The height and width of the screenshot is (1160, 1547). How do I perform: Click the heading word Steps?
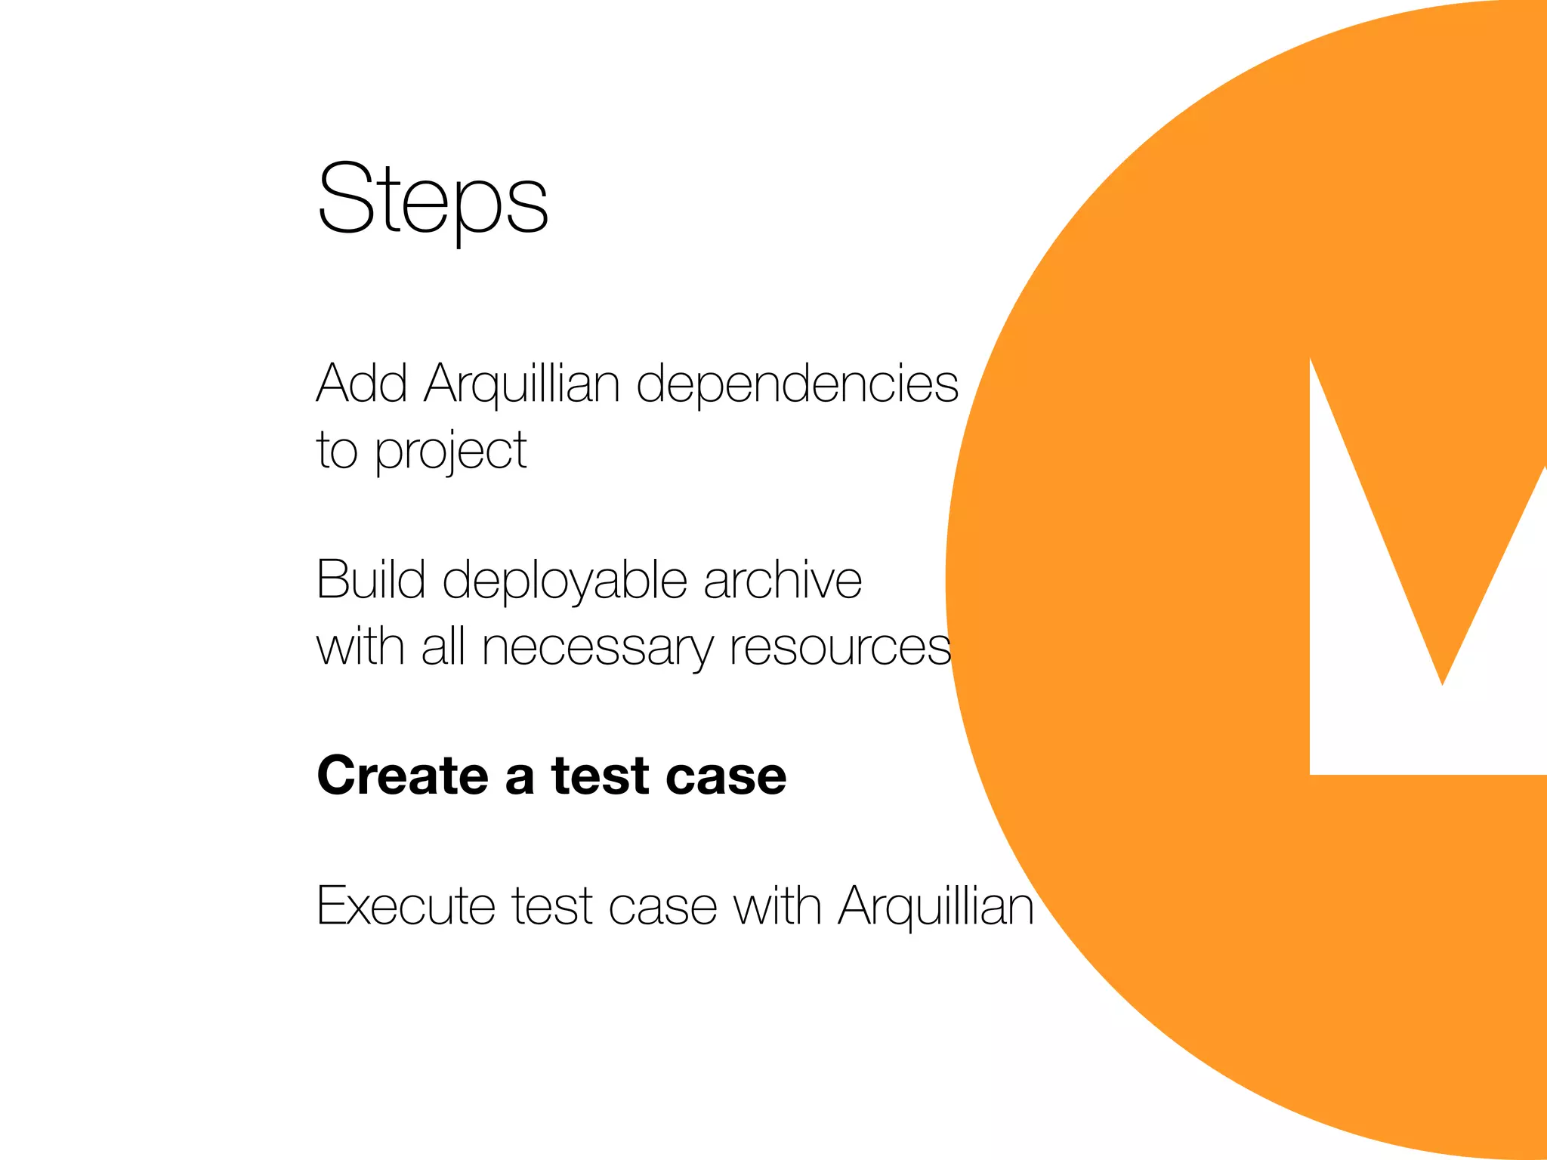tap(433, 199)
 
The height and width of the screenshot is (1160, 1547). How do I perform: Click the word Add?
tap(362, 384)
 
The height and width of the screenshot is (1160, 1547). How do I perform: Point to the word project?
tap(451, 452)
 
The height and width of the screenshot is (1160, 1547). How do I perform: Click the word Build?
tap(371, 580)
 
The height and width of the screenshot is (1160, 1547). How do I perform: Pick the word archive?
tap(783, 580)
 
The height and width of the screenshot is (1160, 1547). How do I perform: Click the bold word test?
tap(601, 776)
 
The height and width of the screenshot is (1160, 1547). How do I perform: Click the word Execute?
tap(406, 905)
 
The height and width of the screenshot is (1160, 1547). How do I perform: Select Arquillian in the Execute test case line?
tap(936, 905)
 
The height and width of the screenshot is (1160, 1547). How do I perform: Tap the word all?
tap(443, 647)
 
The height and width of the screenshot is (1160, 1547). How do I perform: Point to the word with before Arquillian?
tap(777, 905)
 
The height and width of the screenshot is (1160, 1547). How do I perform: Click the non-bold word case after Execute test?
tap(662, 907)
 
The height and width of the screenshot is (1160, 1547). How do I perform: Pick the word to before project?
tap(337, 451)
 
